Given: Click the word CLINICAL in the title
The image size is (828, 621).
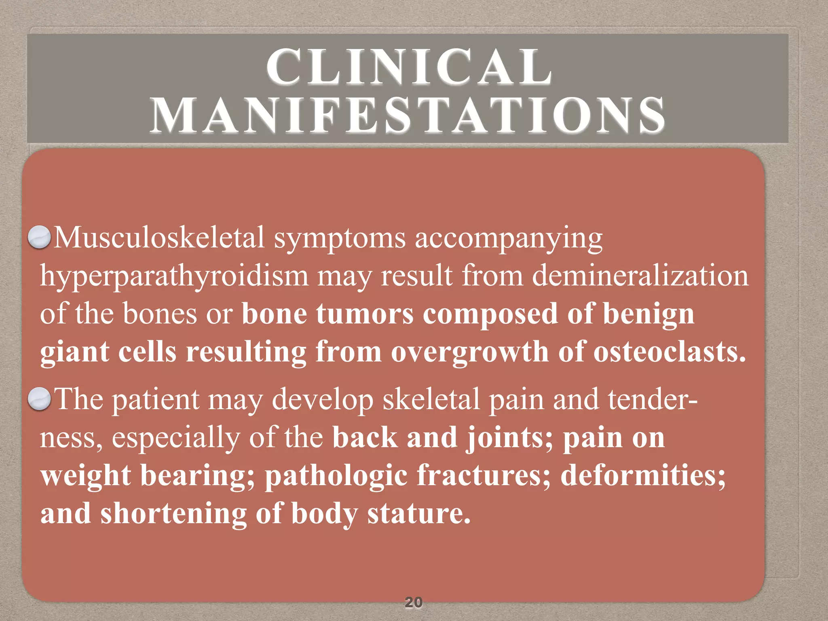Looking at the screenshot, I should click(x=409, y=67).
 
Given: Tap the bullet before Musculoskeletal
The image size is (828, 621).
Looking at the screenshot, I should click(x=39, y=237).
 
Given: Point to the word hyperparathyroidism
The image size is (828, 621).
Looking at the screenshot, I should click(x=174, y=277).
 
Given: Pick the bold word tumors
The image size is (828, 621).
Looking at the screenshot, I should click(x=365, y=314).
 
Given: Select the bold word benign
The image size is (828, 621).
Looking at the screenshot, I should click(x=648, y=315).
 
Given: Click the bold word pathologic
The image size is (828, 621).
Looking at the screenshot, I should click(x=336, y=476).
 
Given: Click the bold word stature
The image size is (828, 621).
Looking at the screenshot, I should click(x=419, y=513).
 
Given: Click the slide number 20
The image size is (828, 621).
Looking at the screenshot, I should click(x=413, y=602).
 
